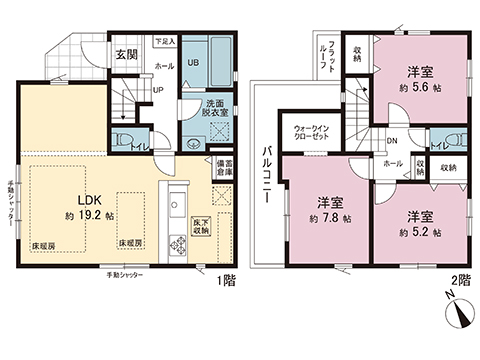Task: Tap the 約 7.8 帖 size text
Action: pos(328,217)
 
